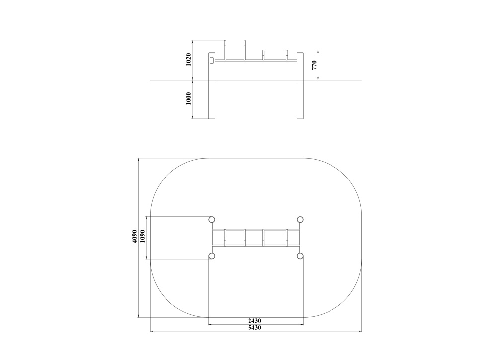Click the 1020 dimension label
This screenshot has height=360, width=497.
pos(188,59)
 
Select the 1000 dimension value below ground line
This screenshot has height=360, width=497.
pos(188,99)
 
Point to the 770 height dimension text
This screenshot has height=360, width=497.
pos(314,65)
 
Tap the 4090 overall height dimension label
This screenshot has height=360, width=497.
pos(135,237)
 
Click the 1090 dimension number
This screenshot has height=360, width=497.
pos(142,237)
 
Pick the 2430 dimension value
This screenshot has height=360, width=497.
pos(255,321)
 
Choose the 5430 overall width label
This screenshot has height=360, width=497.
pos(255,327)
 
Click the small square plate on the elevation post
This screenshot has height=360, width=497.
pos(212,60)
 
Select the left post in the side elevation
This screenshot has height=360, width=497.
pos(212,86)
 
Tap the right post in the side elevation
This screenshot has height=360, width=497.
pos(300,86)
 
